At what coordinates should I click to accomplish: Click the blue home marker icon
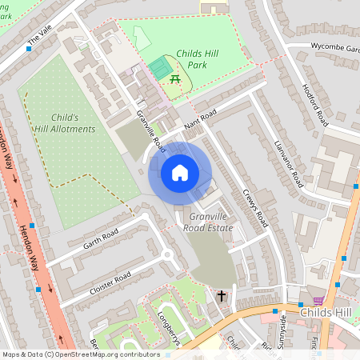180,173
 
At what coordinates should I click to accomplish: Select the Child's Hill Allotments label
65,122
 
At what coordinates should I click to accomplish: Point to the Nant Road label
201,118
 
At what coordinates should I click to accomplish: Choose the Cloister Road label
110,283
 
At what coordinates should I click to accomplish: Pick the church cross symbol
222,297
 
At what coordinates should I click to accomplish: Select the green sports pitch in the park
161,68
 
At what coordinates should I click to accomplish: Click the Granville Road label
150,131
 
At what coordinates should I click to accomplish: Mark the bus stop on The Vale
30,49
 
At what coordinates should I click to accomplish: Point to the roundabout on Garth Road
168,256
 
